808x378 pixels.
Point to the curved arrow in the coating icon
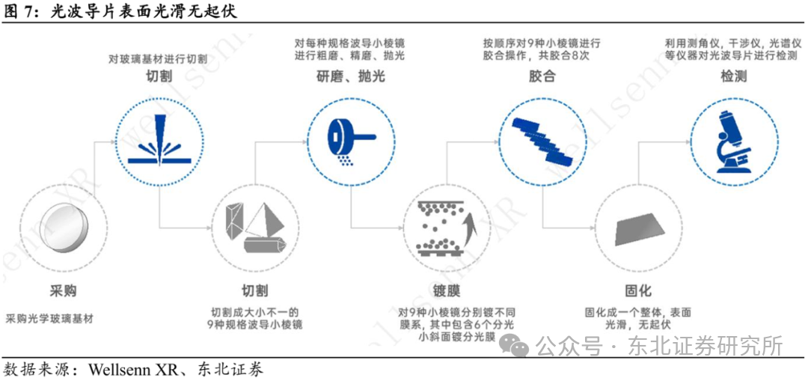(468, 228)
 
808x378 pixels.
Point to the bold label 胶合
(542, 76)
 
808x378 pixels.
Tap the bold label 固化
(638, 290)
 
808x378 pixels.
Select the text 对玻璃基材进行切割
(157, 58)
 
